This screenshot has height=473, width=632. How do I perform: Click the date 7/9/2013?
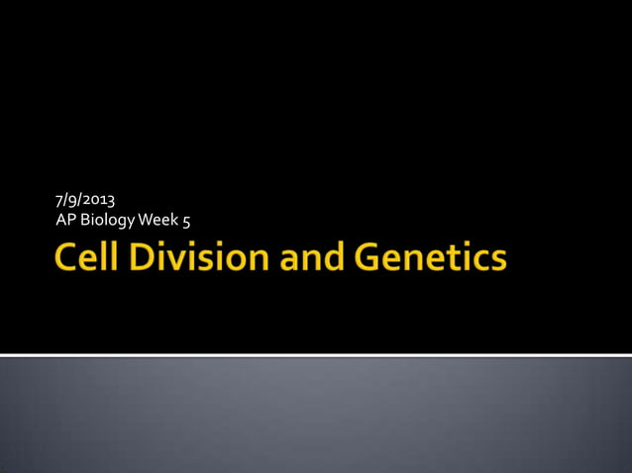[x=87, y=201]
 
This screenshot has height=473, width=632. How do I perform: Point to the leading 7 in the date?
[x=60, y=201]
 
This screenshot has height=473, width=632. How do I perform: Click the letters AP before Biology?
[x=65, y=219]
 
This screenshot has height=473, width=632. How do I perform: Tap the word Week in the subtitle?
[x=159, y=219]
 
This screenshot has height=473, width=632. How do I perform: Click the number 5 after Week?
[x=185, y=219]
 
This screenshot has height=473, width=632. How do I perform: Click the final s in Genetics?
[x=497, y=261]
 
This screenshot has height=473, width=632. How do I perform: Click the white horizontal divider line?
[x=316, y=354]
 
